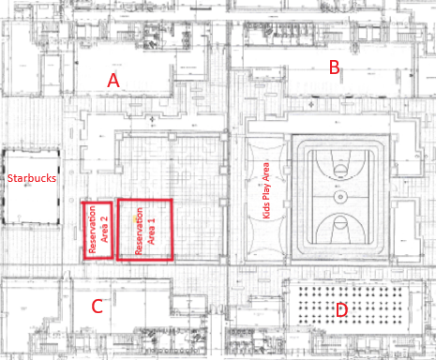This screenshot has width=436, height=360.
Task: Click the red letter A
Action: point(113,81)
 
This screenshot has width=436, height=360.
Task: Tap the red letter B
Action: point(335,67)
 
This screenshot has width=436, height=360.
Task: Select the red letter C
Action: point(98,307)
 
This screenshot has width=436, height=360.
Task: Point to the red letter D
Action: point(341,310)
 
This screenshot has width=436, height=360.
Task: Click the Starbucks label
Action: point(32,178)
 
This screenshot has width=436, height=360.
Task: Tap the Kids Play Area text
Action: point(266,190)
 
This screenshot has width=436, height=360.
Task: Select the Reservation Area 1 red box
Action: point(144,230)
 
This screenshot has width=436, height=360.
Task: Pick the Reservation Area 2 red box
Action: point(98,231)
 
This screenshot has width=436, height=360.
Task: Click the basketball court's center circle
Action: point(340,197)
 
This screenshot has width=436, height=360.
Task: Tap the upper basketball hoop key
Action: point(340,165)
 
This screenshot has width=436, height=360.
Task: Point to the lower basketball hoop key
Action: point(340,229)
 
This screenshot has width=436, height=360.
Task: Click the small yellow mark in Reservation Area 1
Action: point(135,219)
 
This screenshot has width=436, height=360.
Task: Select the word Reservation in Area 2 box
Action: point(92,229)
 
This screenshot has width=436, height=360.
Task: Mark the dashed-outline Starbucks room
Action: point(31,187)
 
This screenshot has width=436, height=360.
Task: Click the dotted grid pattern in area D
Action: point(351,306)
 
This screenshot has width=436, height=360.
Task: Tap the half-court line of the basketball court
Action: point(340,197)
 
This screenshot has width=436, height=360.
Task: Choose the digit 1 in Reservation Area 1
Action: point(152,221)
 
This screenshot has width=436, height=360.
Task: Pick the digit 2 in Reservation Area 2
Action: point(105,219)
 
